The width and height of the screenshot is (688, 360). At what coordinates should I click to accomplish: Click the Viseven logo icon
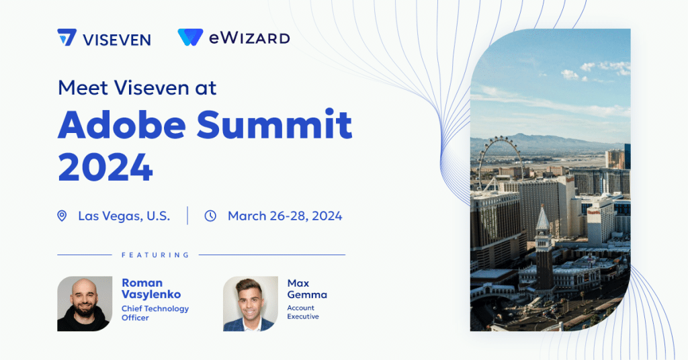67,37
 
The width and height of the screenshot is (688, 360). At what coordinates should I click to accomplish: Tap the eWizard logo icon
190,37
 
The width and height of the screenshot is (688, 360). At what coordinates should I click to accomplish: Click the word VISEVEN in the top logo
117,40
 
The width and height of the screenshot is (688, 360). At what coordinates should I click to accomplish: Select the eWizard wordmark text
249,38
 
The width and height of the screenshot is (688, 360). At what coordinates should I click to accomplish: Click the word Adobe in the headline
122,124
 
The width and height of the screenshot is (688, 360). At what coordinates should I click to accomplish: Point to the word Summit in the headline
274,124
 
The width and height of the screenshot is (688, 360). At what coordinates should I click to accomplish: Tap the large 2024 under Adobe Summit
105,167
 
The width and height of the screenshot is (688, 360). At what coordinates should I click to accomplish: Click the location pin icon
62,216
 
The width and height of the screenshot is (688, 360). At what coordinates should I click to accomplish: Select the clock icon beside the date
210,216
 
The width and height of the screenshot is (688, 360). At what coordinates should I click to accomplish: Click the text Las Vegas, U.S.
124,216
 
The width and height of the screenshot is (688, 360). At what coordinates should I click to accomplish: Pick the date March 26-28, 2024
285,216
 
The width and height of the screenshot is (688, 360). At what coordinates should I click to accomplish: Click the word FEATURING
155,255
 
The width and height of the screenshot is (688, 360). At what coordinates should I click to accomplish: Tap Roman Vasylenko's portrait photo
85,304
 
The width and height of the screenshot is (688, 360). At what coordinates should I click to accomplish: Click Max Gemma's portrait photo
251,304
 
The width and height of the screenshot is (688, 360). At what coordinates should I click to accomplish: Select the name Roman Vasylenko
151,289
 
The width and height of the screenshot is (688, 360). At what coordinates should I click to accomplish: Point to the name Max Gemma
307,289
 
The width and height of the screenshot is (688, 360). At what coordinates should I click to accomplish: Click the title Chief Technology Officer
155,313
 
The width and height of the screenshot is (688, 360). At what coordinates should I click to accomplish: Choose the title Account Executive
303,312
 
